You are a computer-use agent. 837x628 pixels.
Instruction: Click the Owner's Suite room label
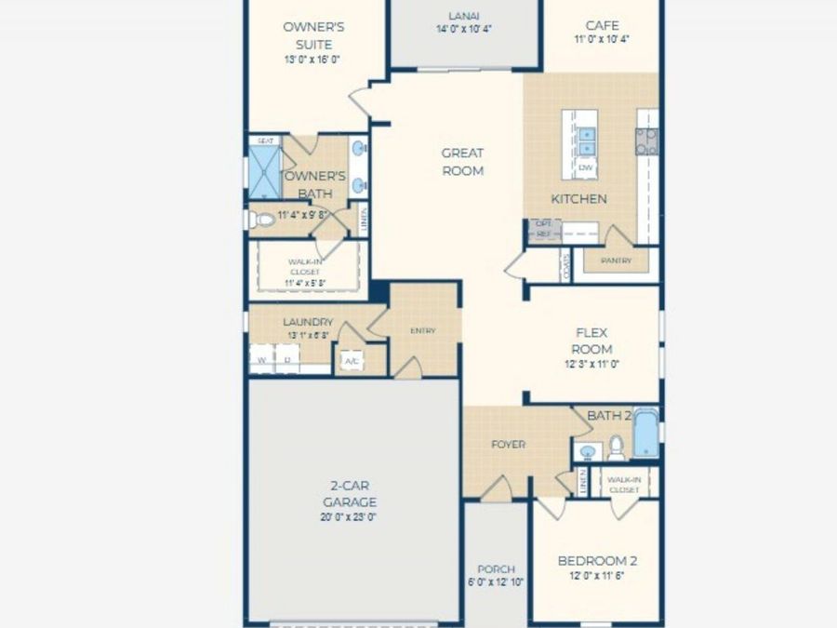point(314,35)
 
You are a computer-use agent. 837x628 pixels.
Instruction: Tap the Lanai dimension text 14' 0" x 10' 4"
point(464,29)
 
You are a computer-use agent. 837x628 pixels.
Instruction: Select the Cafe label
point(603,25)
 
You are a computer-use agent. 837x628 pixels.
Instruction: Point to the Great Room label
point(462,162)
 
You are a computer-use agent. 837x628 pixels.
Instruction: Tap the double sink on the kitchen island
point(586,140)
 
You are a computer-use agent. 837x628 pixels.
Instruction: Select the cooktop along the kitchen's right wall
point(646,140)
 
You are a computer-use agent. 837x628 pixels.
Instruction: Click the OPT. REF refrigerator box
point(543,230)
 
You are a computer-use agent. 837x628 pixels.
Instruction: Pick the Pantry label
point(617,261)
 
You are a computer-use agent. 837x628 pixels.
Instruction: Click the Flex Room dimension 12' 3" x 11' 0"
point(592,365)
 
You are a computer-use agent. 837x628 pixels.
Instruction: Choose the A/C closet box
point(352,360)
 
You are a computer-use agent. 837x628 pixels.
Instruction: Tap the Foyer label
point(508,445)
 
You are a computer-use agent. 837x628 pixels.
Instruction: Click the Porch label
point(496,569)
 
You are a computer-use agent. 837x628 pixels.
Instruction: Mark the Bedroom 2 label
point(597,561)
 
